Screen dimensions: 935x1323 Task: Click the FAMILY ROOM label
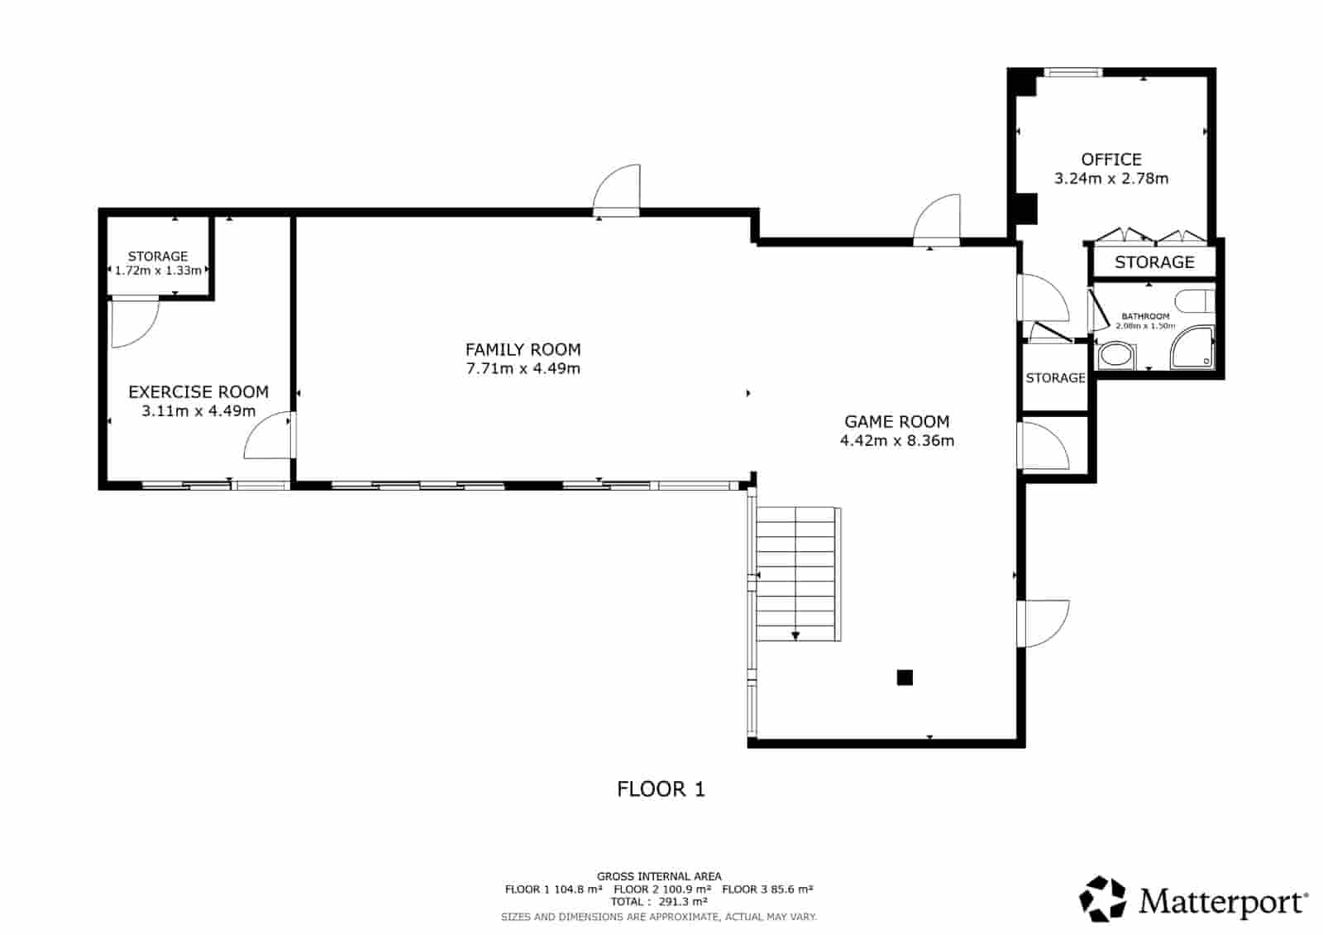[523, 349]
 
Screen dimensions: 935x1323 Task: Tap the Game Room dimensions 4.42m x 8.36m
[896, 440]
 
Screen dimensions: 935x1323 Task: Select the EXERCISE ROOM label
[198, 391]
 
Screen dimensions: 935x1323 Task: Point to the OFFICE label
[1110, 159]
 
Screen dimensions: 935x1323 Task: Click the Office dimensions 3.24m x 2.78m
[1110, 178]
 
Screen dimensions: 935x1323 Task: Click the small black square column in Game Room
[905, 678]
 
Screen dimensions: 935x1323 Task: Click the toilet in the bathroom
[1195, 300]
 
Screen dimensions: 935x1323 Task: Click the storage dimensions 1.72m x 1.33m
[158, 271]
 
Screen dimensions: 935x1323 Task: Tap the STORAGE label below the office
[1154, 262]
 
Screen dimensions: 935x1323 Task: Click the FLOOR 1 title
[661, 789]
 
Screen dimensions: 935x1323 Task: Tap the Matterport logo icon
[1103, 899]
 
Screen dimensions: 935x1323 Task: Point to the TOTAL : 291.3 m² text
[659, 902]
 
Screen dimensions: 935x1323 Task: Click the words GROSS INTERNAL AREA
[659, 875]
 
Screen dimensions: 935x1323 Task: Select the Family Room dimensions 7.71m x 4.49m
[523, 368]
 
